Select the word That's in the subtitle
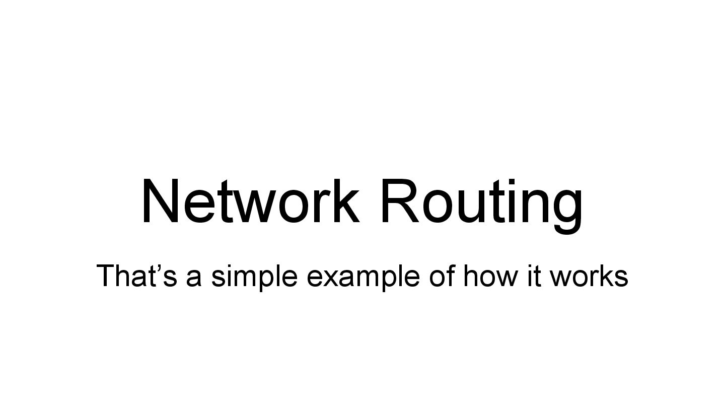pos(136,276)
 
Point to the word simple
pos(254,276)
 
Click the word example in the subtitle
pos(362,276)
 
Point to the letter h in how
pos(470,276)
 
